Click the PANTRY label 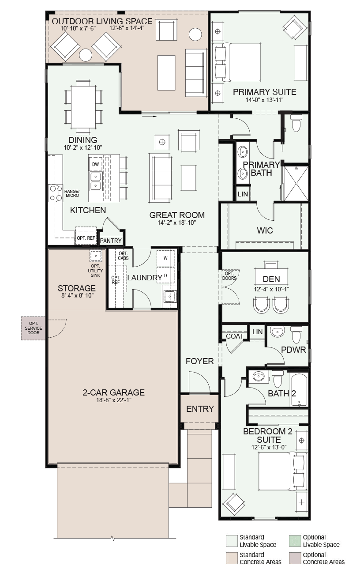point(111,241)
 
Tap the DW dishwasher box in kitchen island point(95,164)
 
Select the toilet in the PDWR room point(296,335)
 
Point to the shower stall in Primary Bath point(296,183)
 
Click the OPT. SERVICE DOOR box point(34,328)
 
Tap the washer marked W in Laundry point(165,258)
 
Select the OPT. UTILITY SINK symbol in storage point(96,256)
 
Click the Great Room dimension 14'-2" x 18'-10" point(176,223)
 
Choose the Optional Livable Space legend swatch point(295,541)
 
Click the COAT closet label point(235,336)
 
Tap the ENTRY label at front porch point(200,409)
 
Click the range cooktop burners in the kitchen point(56,193)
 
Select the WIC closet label point(265,230)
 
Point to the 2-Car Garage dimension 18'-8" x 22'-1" point(114,400)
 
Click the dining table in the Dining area point(83,107)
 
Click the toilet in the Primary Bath point(296,123)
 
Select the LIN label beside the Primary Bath point(243,194)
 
